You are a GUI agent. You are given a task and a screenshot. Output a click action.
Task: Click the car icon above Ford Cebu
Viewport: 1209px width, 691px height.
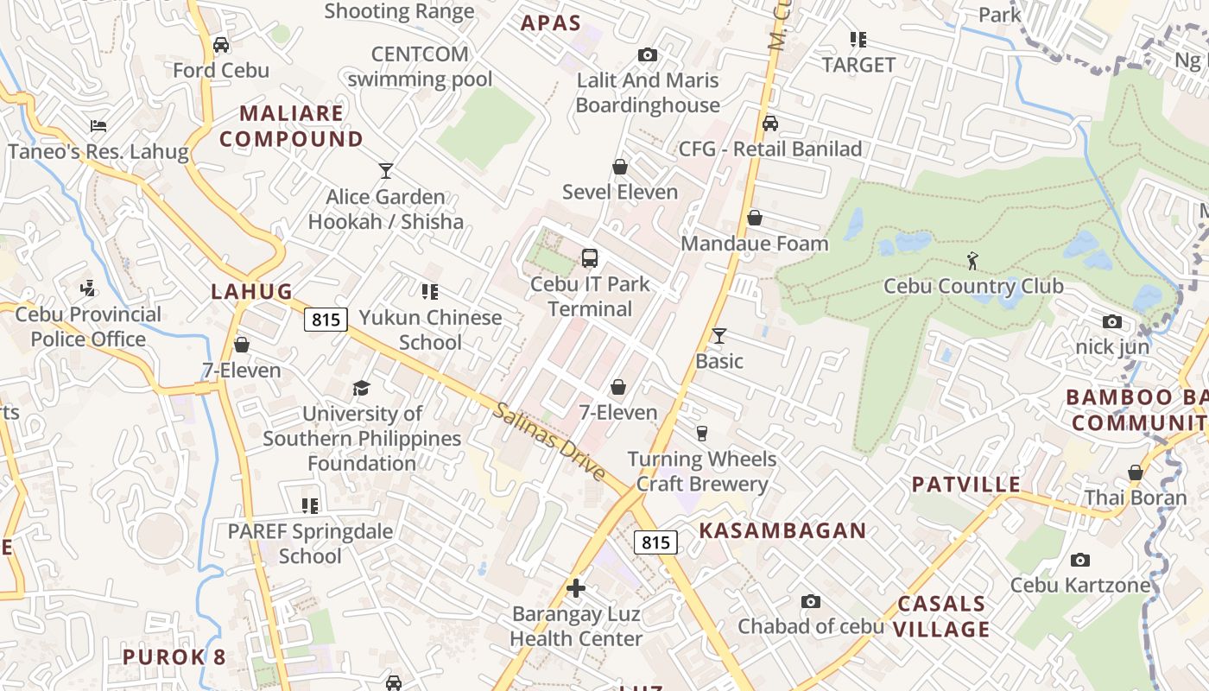tap(221, 45)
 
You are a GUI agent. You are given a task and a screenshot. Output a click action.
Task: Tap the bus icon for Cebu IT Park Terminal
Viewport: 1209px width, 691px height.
tap(590, 257)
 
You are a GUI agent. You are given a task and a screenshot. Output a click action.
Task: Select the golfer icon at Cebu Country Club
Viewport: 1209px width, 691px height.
tap(973, 260)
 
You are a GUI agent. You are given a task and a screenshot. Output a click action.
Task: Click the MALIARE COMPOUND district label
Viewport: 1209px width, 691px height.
tap(291, 126)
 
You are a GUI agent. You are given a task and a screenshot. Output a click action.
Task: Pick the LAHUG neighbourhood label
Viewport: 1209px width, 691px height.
tap(252, 291)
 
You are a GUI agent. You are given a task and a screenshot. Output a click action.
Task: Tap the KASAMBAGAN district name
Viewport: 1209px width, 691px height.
tap(782, 530)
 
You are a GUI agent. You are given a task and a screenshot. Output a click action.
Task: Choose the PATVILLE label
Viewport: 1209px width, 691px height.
tap(966, 485)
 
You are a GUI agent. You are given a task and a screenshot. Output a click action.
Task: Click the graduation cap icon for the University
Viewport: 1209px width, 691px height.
tap(361, 388)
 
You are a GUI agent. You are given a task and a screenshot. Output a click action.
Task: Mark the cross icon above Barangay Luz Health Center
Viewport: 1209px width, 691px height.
tap(576, 589)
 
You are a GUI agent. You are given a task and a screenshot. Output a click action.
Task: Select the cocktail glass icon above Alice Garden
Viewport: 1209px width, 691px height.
tap(386, 171)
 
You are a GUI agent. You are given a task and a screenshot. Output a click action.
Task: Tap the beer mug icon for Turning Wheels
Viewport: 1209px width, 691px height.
tap(702, 433)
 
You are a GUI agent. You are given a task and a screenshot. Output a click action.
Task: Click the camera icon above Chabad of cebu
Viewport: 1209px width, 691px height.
tap(810, 601)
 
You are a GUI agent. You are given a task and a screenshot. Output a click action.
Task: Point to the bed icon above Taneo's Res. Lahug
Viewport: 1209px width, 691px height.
tap(98, 126)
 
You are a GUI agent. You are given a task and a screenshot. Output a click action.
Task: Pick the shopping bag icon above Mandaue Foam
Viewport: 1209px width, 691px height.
tap(755, 218)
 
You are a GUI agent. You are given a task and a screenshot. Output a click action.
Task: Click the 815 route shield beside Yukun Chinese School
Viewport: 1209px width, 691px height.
tap(326, 320)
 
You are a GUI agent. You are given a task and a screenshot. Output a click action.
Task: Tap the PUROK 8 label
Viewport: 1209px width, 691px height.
tap(174, 656)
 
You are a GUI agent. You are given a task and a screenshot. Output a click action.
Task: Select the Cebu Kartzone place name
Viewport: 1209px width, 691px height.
tap(1080, 585)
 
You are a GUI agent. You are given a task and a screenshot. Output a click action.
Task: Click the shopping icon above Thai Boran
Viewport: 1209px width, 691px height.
tap(1136, 472)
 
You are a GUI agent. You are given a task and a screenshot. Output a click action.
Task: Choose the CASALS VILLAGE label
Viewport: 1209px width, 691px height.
tap(941, 616)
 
